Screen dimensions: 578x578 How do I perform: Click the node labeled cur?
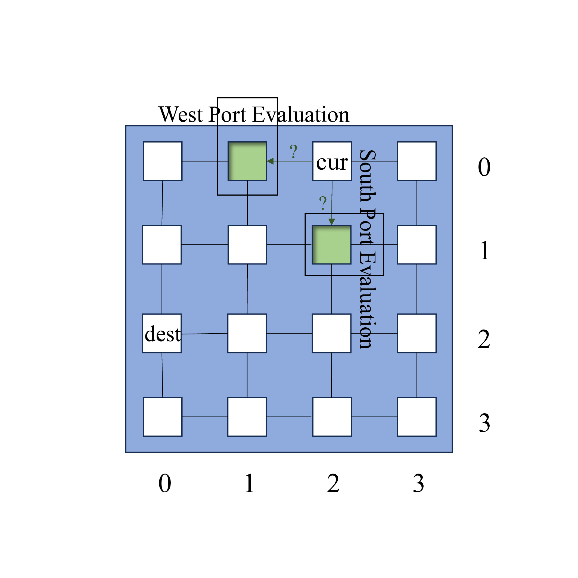[332, 161]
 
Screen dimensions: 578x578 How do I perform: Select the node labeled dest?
[162, 333]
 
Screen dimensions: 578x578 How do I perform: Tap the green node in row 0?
[247, 161]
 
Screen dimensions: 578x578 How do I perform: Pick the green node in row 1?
[331, 245]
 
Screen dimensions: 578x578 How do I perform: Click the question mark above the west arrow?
[294, 151]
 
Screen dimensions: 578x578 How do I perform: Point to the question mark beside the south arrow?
[323, 203]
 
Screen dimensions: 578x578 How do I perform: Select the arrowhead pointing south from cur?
[331, 222]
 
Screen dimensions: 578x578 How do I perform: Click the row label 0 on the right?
[484, 167]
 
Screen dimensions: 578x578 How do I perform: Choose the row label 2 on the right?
[484, 339]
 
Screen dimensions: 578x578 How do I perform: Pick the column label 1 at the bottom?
[249, 483]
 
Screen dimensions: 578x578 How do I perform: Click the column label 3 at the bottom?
[418, 483]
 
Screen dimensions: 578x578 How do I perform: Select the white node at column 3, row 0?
[417, 161]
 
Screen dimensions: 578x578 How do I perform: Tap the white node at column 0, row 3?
[163, 417]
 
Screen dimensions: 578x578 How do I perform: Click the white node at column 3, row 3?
[417, 417]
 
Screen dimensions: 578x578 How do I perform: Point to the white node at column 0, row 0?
[163, 161]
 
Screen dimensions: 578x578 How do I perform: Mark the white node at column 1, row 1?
[247, 245]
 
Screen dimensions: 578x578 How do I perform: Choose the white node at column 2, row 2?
[331, 333]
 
